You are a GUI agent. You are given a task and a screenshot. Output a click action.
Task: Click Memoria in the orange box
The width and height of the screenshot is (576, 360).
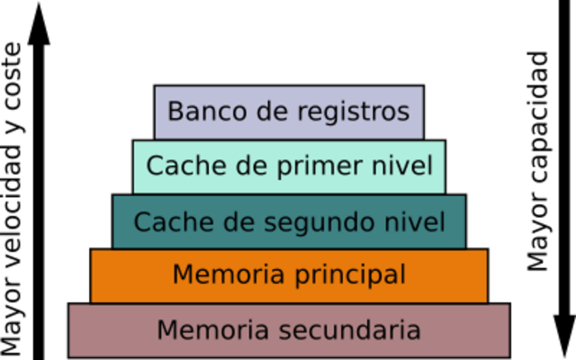(x=222, y=274)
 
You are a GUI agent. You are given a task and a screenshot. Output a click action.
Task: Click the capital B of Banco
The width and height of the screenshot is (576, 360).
(x=175, y=112)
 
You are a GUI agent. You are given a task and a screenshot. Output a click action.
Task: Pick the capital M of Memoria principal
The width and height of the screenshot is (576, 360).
(x=181, y=274)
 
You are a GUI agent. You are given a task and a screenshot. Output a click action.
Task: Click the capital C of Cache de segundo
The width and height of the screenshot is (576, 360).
(x=142, y=221)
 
